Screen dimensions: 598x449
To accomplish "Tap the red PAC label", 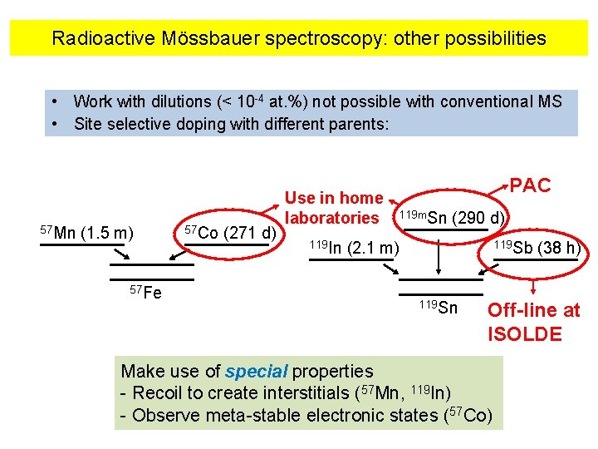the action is coord(530,185).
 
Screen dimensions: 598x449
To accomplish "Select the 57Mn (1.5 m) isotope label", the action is coord(87,231).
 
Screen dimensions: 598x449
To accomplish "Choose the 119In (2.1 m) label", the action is coord(353,248).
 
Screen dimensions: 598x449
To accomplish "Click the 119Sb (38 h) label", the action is coord(537,248).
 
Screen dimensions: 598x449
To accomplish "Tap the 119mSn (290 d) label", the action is coord(451,218).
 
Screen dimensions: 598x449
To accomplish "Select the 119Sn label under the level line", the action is coord(438,308).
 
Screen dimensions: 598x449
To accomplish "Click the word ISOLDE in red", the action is coord(525,334).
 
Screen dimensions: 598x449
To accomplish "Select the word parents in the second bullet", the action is coord(359,125).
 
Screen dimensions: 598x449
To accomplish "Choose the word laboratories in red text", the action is coord(332,218).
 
